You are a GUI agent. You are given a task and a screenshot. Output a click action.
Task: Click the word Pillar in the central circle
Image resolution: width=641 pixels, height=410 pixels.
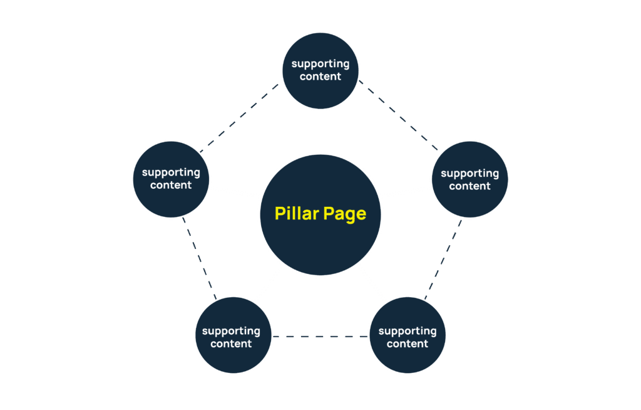pyautogui.click(x=297, y=213)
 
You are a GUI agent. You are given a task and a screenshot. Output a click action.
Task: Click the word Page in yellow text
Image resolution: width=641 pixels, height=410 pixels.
pyautogui.click(x=345, y=214)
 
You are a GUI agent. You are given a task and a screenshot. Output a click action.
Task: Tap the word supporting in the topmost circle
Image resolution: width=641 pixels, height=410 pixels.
pyautogui.click(x=320, y=65)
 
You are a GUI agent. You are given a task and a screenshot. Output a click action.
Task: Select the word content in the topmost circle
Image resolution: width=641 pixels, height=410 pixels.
pyautogui.click(x=320, y=76)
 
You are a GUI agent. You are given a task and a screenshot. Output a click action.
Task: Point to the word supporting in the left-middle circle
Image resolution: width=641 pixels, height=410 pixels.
pyautogui.click(x=171, y=173)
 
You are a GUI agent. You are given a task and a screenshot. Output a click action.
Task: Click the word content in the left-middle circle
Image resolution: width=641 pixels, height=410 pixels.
pyautogui.click(x=171, y=185)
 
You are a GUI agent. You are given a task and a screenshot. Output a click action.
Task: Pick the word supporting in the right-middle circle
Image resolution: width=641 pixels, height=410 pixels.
pyautogui.click(x=469, y=174)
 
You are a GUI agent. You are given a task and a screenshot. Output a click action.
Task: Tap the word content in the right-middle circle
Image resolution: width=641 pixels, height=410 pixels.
pyautogui.click(x=469, y=186)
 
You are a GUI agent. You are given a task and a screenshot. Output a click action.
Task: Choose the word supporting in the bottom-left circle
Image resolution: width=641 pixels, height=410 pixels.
pyautogui.click(x=231, y=332)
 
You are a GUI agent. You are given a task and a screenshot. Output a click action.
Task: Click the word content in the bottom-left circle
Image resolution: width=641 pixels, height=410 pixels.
pyautogui.click(x=231, y=344)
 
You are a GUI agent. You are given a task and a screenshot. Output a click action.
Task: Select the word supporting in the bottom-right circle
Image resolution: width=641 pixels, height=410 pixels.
pyautogui.click(x=408, y=332)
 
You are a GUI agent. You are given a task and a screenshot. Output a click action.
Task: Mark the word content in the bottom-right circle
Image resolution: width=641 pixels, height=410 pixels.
pyautogui.click(x=408, y=344)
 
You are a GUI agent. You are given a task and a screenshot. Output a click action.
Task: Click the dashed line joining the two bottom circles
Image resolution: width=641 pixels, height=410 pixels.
pyautogui.click(x=320, y=337)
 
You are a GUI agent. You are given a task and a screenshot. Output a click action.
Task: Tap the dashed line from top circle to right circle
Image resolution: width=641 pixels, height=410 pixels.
pyautogui.click(x=398, y=115)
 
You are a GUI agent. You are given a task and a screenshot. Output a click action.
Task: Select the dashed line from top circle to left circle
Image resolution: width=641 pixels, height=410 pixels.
pyautogui.click(x=239, y=118)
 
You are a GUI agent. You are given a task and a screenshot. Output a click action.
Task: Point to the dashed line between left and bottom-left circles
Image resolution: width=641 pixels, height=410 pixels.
pyautogui.click(x=200, y=258)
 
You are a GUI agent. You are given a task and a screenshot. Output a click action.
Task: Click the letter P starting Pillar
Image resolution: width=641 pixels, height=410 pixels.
pyautogui.click(x=280, y=213)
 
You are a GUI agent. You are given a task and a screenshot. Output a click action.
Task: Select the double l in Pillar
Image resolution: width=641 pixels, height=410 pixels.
pyautogui.click(x=294, y=213)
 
